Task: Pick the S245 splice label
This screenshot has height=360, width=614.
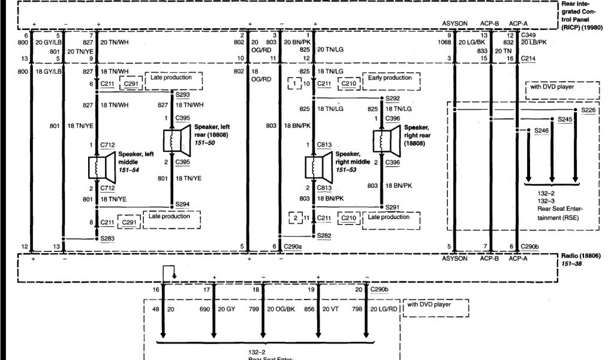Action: pyautogui.click(x=564, y=119)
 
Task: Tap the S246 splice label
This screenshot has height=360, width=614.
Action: pyautogui.click(x=541, y=130)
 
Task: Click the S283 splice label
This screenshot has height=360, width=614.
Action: pyautogui.click(x=108, y=239)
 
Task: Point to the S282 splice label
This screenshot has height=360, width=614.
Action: pyautogui.click(x=324, y=236)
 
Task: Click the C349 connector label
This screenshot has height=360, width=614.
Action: pyautogui.click(x=528, y=35)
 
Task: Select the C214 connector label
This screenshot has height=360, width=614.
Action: pyautogui.click(x=528, y=58)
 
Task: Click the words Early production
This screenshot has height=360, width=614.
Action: pyautogui.click(x=390, y=78)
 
